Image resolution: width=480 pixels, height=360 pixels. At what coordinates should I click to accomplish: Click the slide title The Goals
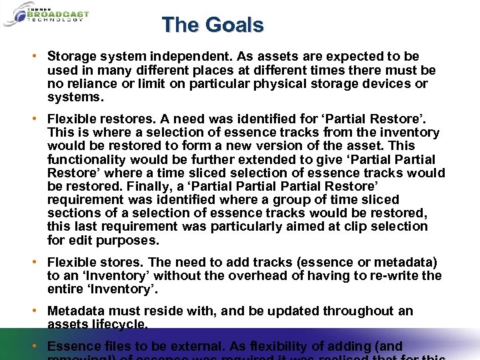(213, 25)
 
